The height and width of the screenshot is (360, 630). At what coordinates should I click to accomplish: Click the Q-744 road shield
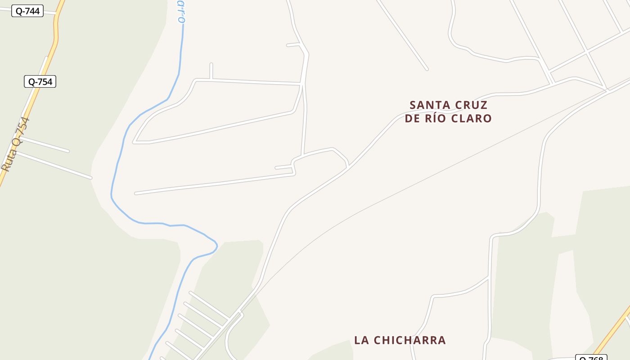pyautogui.click(x=27, y=11)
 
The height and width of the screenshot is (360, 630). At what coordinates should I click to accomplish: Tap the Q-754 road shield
pyautogui.click(x=40, y=82)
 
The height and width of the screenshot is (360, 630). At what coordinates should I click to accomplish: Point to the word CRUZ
pyautogui.click(x=471, y=105)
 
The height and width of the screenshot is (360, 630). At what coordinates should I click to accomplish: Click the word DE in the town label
pyautogui.click(x=412, y=119)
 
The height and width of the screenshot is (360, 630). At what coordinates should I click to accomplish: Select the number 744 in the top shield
pyautogui.click(x=32, y=11)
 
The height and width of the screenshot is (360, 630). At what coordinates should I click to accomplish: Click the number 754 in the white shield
pyautogui.click(x=45, y=82)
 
